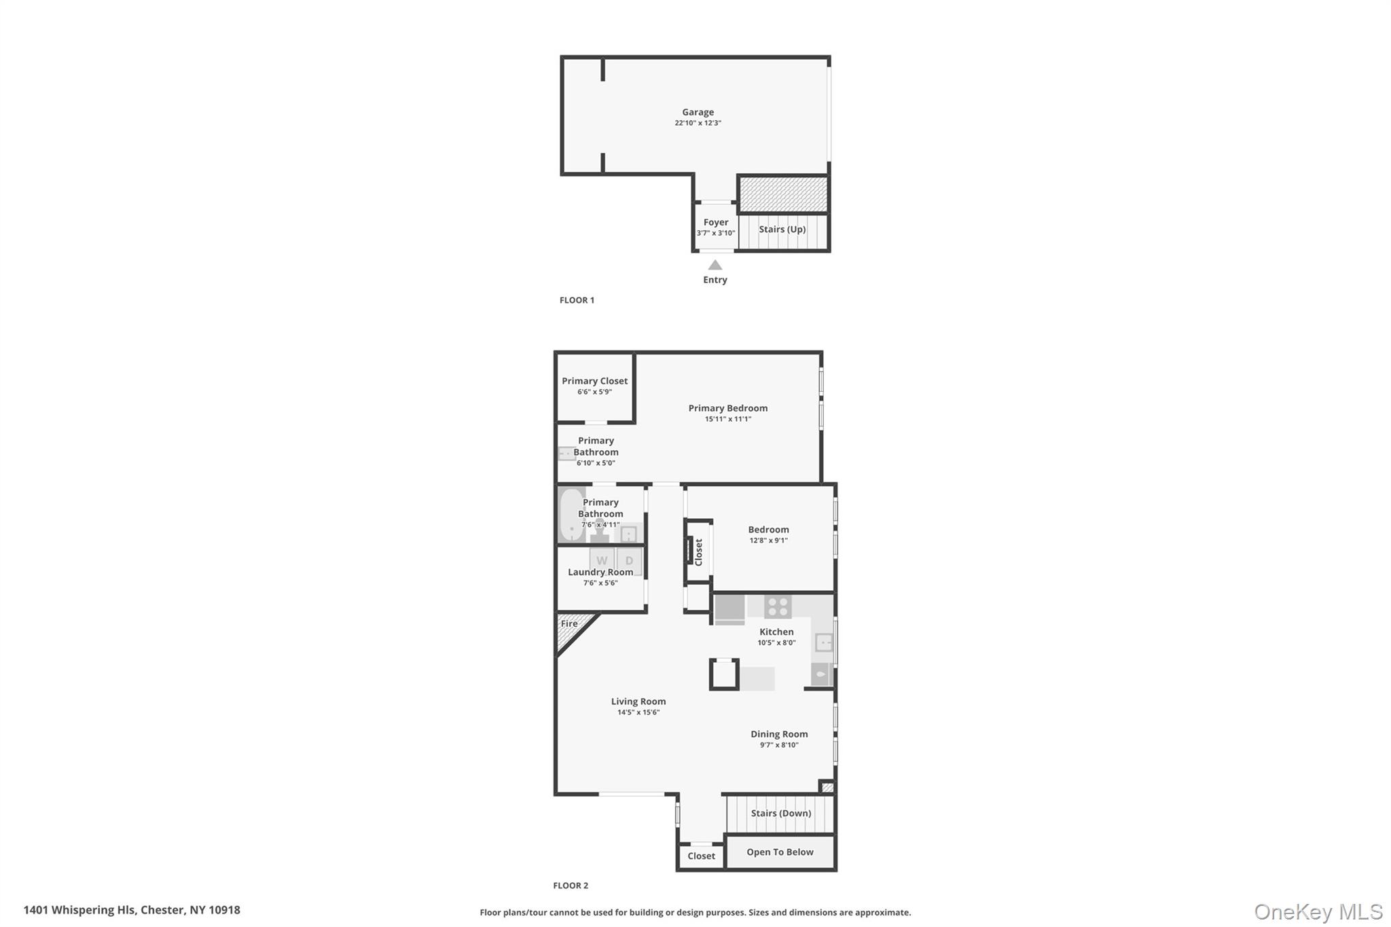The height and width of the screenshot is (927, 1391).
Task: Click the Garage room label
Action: (698, 112)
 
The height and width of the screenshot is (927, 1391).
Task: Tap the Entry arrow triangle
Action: (715, 265)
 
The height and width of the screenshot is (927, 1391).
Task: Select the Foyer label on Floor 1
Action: (715, 222)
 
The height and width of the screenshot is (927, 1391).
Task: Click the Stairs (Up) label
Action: (782, 230)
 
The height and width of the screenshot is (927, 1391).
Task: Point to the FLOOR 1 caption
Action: (577, 300)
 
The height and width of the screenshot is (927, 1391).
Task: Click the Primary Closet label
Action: (594, 381)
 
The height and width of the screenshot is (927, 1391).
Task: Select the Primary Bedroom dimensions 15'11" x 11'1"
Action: (727, 419)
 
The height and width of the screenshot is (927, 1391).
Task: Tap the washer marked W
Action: (602, 560)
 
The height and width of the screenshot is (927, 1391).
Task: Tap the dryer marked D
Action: (630, 560)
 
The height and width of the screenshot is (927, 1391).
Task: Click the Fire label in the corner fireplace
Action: (569, 623)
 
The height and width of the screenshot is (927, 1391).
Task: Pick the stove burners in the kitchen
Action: (778, 606)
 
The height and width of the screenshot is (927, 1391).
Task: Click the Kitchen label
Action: (776, 632)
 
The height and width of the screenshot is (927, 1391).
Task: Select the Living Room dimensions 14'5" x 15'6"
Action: (638, 712)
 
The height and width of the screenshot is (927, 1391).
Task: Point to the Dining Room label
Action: (779, 734)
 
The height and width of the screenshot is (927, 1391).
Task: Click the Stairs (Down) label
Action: (781, 813)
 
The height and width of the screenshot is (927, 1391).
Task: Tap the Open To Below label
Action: (780, 852)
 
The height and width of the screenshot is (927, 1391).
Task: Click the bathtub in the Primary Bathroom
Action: (572, 515)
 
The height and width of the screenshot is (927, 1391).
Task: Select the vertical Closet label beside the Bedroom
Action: (698, 552)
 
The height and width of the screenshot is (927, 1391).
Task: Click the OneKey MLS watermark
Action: (1318, 911)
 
